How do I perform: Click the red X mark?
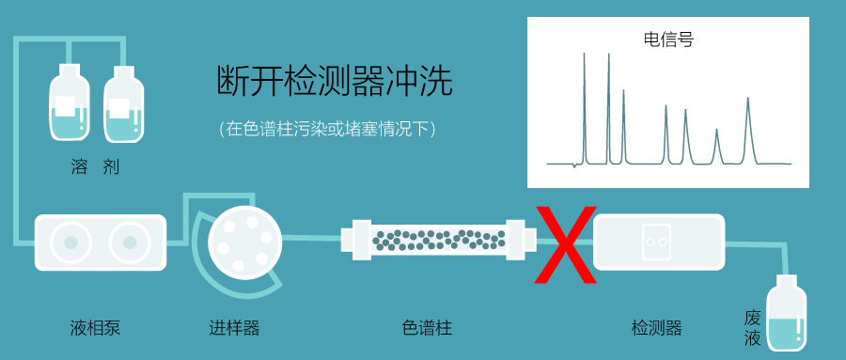pos(566,244)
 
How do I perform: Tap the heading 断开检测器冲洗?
pos(335,82)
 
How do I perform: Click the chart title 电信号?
pos(668,39)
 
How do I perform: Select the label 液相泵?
pos(96,328)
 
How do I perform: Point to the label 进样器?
pos(235,328)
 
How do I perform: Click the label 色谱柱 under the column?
pos(427,328)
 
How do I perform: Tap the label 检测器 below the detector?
pos(657,328)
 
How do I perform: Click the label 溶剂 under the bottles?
pos(96,166)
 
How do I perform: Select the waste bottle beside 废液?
pos(787,313)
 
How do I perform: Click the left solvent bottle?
pos(70,104)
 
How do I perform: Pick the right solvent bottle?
pos(123,104)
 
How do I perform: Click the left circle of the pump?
pos(70,243)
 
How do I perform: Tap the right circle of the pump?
pos(130,243)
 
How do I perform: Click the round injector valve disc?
pos(245,244)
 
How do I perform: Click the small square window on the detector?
pos(656,242)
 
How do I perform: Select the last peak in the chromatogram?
pos(748,131)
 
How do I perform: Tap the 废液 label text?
pos(752,328)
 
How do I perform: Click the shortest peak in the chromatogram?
pos(716,147)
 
